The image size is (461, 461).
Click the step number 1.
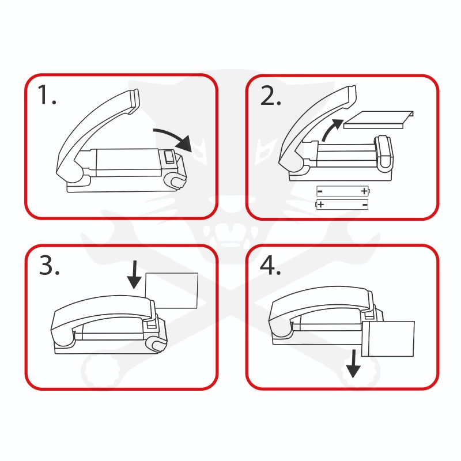(47, 95)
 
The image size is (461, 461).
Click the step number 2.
(270, 96)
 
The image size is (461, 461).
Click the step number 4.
(270, 265)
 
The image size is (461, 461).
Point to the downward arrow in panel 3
(134, 275)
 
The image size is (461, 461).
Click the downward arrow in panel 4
(353, 364)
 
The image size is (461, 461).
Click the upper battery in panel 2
(343, 191)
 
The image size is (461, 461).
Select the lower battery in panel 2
(342, 205)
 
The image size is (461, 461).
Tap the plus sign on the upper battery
(364, 191)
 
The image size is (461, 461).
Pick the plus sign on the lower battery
(321, 205)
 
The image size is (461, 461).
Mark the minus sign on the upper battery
(320, 192)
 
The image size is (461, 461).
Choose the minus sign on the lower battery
(365, 205)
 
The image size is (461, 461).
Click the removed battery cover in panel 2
(379, 120)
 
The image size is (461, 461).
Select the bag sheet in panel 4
(388, 339)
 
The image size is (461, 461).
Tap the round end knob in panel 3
(156, 344)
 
